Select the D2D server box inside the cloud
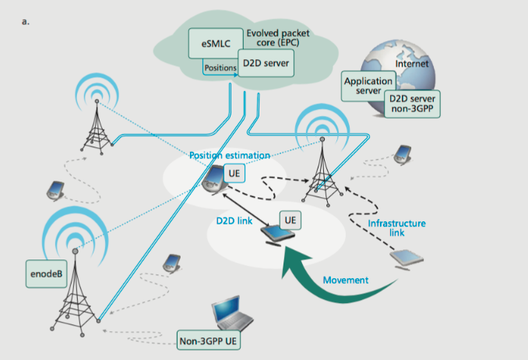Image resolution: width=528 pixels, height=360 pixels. click(x=266, y=63)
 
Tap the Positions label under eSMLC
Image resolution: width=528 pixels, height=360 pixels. click(x=219, y=67)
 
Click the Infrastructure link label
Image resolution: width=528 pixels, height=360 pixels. click(x=396, y=228)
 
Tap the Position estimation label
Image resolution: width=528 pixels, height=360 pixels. click(x=230, y=155)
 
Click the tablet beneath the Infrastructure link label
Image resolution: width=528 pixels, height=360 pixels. click(x=409, y=259)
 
